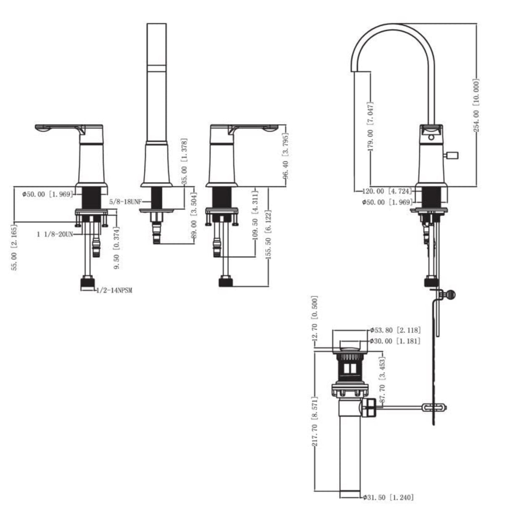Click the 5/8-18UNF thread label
coord(125,202)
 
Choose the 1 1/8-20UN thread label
coord(55,233)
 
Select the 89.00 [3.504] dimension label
coord(194,216)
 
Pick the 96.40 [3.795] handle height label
coord(286,156)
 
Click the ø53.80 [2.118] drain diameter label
coord(395,330)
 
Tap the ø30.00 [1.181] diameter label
coord(395,341)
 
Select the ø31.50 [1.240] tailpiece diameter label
coord(388,496)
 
